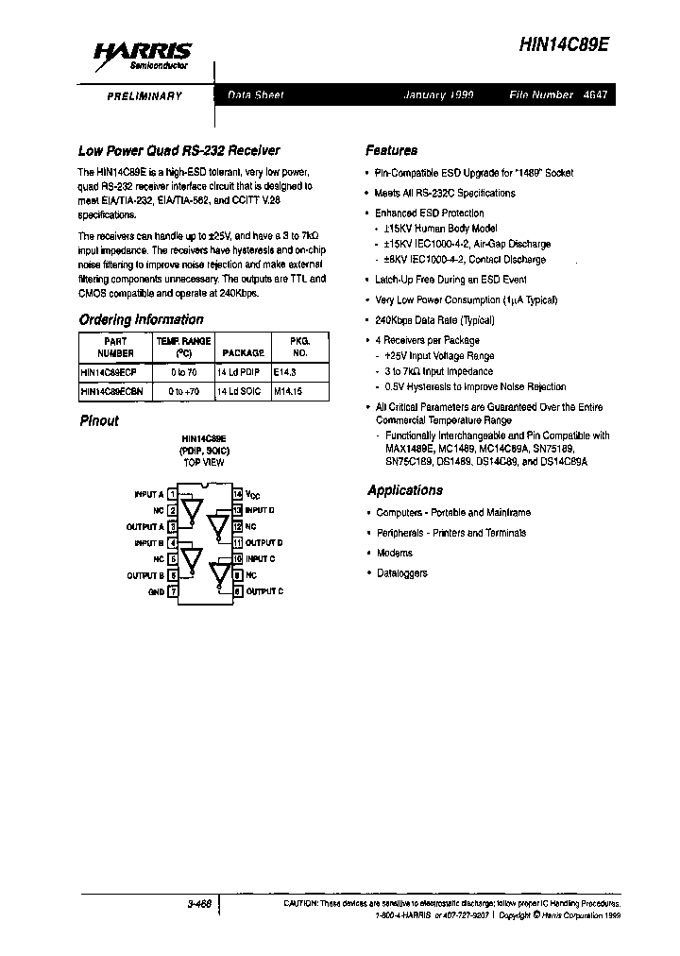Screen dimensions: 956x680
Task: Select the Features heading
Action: (x=391, y=150)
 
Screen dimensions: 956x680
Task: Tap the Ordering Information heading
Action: (x=141, y=319)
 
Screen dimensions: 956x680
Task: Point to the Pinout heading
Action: (x=99, y=420)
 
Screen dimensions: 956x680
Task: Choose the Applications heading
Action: (x=404, y=490)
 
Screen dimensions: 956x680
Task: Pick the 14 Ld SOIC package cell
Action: (x=240, y=390)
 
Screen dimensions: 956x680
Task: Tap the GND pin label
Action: (x=156, y=592)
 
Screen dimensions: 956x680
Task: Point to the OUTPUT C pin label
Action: (x=263, y=591)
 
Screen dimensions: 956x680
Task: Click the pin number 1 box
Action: (x=172, y=494)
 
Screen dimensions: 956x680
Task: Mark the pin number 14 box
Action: (x=238, y=494)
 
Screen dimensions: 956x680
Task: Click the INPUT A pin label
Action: (x=148, y=494)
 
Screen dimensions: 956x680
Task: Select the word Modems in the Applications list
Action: (x=394, y=553)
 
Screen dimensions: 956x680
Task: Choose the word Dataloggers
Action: (x=401, y=573)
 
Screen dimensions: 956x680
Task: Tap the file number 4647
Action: (x=595, y=95)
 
